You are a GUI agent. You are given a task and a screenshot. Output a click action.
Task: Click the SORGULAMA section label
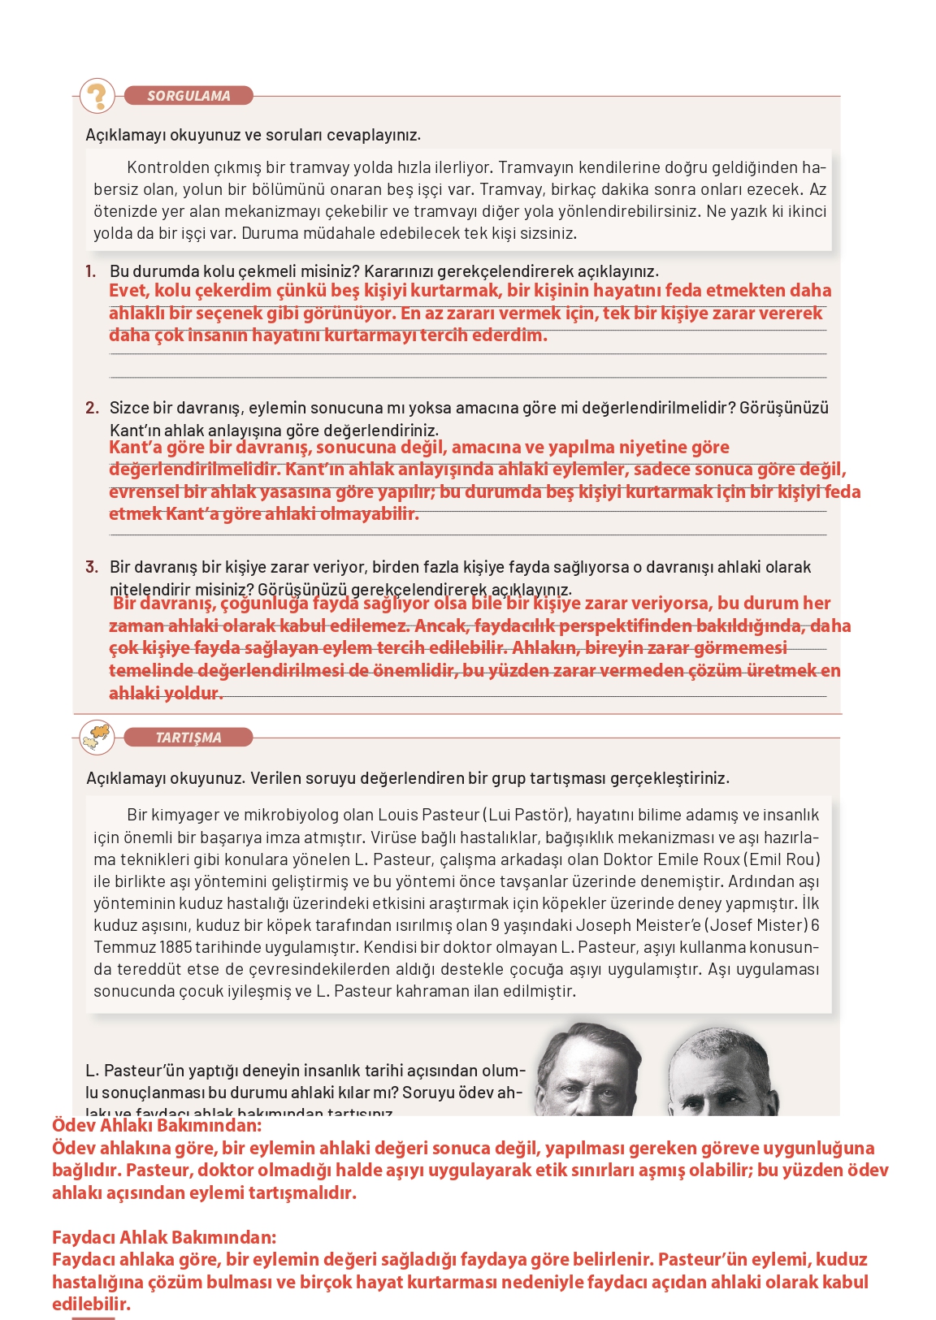pyautogui.click(x=188, y=96)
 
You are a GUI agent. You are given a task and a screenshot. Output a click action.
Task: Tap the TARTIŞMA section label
pyautogui.click(x=188, y=738)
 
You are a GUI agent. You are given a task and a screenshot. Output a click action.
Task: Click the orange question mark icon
pyautogui.click(x=97, y=96)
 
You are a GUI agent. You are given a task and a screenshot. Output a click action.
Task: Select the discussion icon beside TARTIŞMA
pyautogui.click(x=97, y=737)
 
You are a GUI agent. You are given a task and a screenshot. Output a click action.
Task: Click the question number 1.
pyautogui.click(x=90, y=271)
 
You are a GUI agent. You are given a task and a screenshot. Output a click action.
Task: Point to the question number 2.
pyautogui.click(x=91, y=408)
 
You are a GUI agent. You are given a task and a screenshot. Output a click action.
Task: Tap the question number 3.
pyautogui.click(x=91, y=567)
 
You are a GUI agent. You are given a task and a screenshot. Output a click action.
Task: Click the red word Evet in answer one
pyautogui.click(x=128, y=291)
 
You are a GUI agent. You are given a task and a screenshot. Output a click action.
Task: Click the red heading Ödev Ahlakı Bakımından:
pyautogui.click(x=157, y=1126)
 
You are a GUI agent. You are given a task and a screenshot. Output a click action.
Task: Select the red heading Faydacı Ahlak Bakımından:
pyautogui.click(x=164, y=1238)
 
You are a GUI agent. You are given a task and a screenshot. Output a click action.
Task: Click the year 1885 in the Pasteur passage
pyautogui.click(x=176, y=947)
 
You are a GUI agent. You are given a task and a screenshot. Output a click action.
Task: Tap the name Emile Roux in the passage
pyautogui.click(x=697, y=859)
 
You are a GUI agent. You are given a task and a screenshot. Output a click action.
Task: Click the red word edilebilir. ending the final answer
pyautogui.click(x=91, y=1305)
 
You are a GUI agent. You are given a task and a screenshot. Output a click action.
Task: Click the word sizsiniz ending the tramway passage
pyautogui.click(x=550, y=234)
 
